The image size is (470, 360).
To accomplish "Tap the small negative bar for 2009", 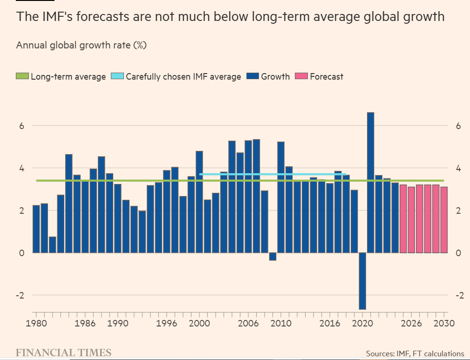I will point(272,257).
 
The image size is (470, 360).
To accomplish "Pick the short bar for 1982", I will point(52,245).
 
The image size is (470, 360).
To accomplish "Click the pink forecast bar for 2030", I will point(444,220).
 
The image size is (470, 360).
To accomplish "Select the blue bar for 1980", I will point(36,229).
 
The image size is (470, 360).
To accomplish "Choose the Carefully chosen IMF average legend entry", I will point(177,76).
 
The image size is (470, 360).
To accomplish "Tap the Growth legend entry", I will point(269,76).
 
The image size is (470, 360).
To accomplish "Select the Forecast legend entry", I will point(320,76).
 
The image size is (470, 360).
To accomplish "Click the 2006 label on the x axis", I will point(248,324).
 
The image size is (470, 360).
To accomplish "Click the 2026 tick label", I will point(411,324).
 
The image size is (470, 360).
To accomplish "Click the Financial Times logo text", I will point(63,352).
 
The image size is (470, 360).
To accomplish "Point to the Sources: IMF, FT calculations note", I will point(415,353).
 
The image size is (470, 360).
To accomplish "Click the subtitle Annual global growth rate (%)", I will point(82,45).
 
